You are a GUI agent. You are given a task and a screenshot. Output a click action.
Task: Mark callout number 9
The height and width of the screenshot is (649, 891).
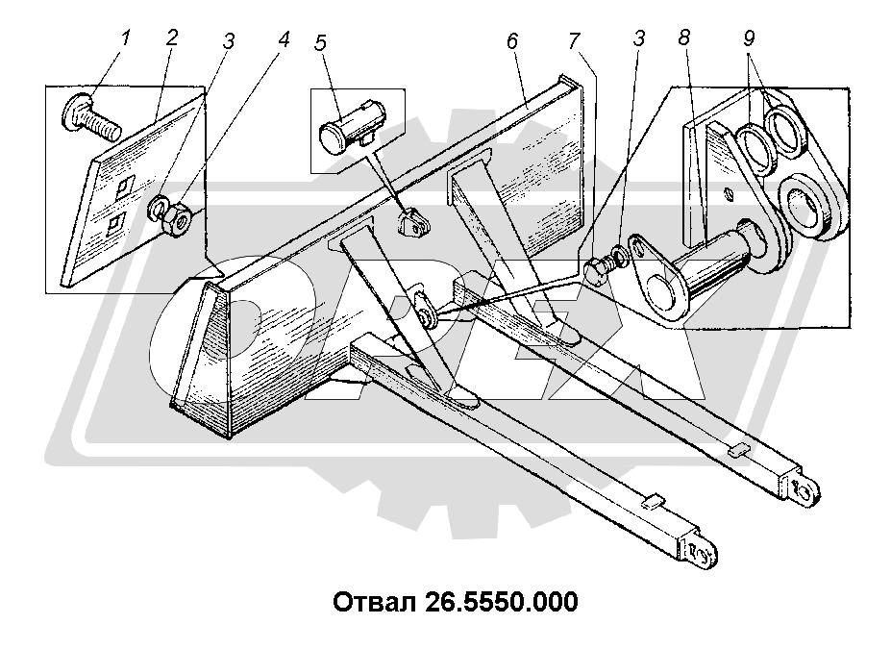(749, 40)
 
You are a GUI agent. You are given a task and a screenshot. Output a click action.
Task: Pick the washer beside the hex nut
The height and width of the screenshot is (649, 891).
(159, 209)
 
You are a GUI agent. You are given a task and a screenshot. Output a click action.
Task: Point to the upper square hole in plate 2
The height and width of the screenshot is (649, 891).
(123, 185)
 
